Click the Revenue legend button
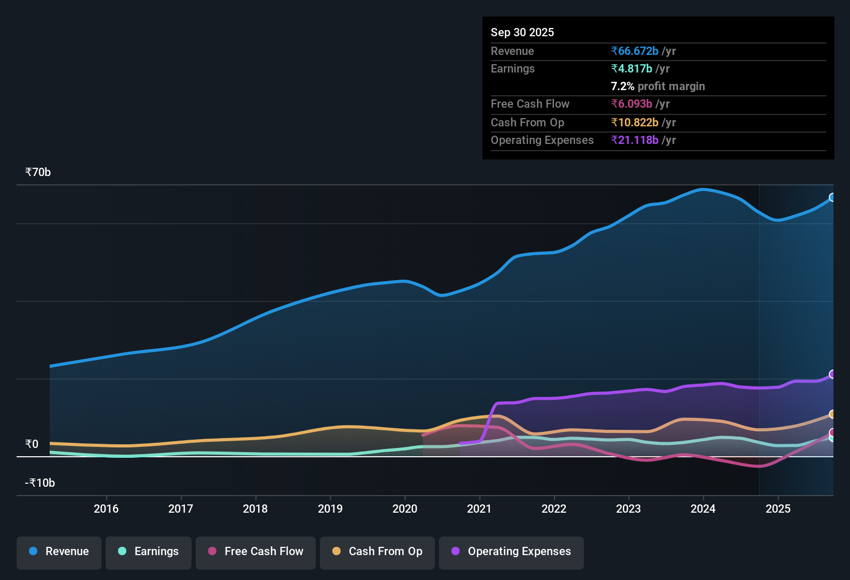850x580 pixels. [x=59, y=552]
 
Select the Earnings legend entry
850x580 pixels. [x=149, y=552]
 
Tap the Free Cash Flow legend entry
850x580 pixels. [x=256, y=552]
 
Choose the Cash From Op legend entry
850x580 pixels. [x=377, y=552]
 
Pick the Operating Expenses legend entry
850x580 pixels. [x=511, y=552]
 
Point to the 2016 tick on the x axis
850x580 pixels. [x=106, y=509]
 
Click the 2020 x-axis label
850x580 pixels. [x=405, y=509]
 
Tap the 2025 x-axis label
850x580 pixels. [x=778, y=509]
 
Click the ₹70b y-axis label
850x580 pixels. [x=38, y=172]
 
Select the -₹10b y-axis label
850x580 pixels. [x=40, y=483]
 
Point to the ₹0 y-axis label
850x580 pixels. [x=32, y=444]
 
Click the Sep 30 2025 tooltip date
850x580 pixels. [x=522, y=33]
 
